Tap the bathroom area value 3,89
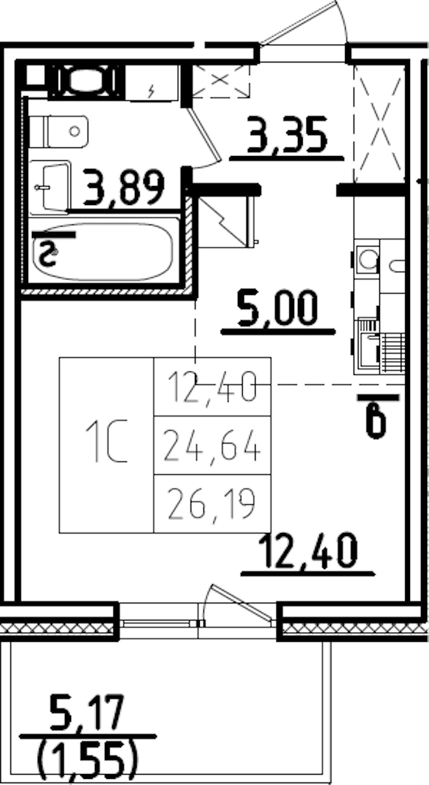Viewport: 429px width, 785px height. click(x=126, y=188)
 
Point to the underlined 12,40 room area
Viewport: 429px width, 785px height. click(x=308, y=550)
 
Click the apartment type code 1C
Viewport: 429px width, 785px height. click(x=106, y=441)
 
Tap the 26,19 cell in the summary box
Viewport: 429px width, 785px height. click(x=212, y=505)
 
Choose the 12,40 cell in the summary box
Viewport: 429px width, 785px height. click(x=212, y=387)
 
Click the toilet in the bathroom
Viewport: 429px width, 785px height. click(x=59, y=131)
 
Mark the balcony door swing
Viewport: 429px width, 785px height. click(x=239, y=603)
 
